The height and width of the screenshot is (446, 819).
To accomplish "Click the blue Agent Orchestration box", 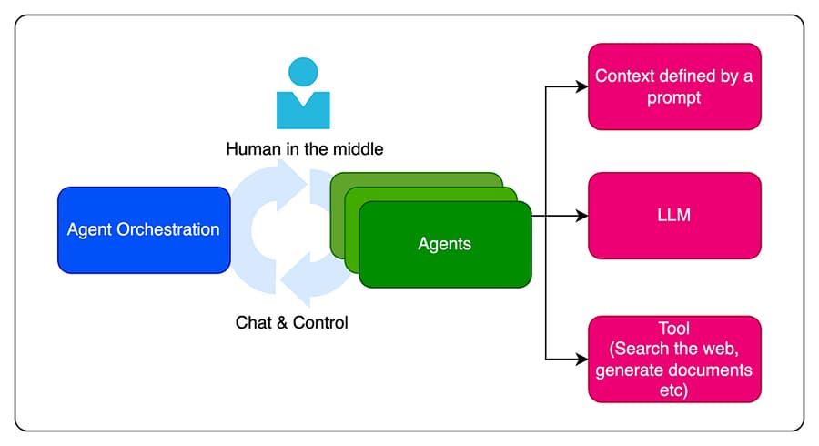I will tap(144, 229).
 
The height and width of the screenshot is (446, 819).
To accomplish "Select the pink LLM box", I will tap(674, 216).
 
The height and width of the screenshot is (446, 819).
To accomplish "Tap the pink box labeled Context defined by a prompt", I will tap(674, 86).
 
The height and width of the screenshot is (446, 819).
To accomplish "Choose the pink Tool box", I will tap(674, 359).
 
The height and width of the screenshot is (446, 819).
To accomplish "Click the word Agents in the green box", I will tap(445, 244).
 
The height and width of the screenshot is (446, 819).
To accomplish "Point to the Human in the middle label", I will tap(304, 148).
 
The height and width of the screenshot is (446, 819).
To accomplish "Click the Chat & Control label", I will tap(291, 322).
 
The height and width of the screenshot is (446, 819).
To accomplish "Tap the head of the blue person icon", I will tap(303, 72).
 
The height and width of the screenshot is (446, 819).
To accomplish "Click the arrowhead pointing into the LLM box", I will tap(582, 217).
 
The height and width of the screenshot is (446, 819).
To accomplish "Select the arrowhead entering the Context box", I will tap(582, 87).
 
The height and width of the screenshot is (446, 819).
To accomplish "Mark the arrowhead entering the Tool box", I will tap(582, 359).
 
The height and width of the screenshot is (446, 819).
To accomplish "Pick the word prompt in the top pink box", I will tap(674, 97).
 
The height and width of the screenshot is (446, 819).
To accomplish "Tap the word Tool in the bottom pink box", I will tap(674, 328).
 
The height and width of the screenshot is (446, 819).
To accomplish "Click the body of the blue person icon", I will tap(303, 109).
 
